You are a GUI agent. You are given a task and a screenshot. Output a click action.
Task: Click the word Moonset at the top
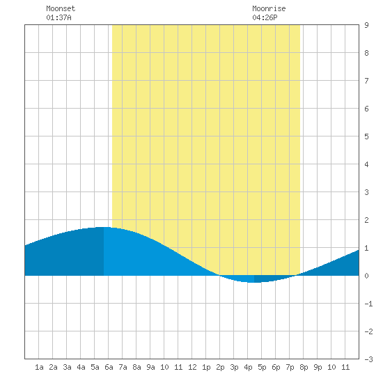[61, 8]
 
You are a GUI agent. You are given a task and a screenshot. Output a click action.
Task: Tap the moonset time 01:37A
[59, 17]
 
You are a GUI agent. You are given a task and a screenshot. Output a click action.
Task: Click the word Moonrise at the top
[269, 8]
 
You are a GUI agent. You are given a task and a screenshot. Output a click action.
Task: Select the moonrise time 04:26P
[265, 17]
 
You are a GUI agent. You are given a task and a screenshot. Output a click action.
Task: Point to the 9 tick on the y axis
[366, 25]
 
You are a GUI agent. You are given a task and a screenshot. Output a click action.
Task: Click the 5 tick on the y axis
[366, 136]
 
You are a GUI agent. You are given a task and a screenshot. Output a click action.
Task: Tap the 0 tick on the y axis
[366, 276]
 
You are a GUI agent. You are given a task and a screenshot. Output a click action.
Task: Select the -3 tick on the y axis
[368, 359]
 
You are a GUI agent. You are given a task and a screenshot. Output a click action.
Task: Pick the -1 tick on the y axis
[368, 304]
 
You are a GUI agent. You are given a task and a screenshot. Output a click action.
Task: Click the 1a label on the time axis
[39, 367]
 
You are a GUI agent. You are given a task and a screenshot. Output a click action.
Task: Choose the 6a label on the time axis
[109, 367]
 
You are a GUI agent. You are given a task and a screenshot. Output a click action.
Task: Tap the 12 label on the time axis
[192, 367]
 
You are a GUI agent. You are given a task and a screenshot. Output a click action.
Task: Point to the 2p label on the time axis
[220, 367]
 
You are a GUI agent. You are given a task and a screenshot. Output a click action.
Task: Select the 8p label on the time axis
[304, 367]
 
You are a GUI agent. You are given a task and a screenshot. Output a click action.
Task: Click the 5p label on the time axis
[262, 367]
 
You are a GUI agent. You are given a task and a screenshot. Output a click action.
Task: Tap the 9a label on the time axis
[150, 367]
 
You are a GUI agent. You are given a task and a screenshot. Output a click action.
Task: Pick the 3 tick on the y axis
[366, 192]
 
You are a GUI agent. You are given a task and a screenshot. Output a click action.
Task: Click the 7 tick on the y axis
[366, 81]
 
